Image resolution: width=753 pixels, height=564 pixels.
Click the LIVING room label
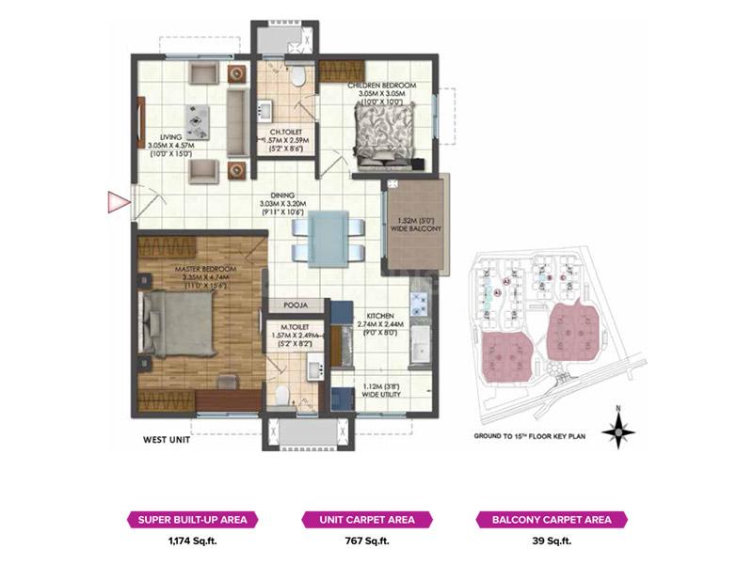pos(170,135)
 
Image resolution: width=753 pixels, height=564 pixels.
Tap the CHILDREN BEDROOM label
pos(381,85)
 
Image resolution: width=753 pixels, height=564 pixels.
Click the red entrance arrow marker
pos(117,200)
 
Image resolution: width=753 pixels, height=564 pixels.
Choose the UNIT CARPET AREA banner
pos(366,519)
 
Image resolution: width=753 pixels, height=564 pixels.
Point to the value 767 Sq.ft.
pos(366,540)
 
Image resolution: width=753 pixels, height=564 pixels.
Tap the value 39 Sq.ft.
pos(545,540)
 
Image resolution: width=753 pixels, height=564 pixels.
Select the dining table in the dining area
pos(327,236)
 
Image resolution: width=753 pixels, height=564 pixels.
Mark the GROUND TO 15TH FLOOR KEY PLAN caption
pos(530,436)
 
